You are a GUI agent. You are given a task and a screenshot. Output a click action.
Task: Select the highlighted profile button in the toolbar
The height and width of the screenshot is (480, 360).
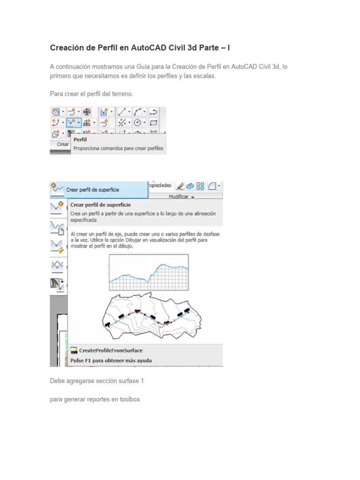pyautogui.click(x=73, y=123)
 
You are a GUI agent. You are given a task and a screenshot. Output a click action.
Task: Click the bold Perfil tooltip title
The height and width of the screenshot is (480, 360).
pyautogui.click(x=80, y=140)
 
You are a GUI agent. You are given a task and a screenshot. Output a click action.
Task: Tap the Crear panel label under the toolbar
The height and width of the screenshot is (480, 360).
pyautogui.click(x=63, y=144)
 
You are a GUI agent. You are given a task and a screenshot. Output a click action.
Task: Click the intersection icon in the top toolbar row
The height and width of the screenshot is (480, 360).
pyautogui.click(x=87, y=112)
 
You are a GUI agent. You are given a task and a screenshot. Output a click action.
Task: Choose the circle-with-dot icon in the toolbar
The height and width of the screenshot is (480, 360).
pyautogui.click(x=137, y=123)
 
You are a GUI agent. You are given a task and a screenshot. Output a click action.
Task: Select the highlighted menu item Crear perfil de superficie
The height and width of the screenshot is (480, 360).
pyautogui.click(x=93, y=190)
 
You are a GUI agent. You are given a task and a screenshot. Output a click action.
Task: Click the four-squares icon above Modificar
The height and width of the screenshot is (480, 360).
pyautogui.click(x=200, y=186)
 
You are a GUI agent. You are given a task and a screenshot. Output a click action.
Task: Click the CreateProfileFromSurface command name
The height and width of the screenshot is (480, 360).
pyautogui.click(x=111, y=350)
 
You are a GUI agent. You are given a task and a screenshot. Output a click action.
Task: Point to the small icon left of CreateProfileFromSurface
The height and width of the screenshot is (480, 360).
pyautogui.click(x=74, y=350)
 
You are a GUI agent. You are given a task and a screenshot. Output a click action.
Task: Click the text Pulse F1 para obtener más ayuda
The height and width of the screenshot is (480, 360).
pyautogui.click(x=111, y=360)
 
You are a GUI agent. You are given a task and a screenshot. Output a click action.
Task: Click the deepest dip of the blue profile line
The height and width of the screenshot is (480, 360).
pyautogui.click(x=148, y=282)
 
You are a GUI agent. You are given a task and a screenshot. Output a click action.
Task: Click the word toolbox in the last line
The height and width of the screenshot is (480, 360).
pyautogui.click(x=129, y=399)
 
